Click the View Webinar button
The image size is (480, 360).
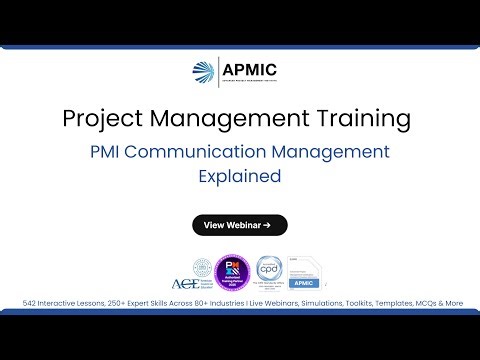click(240, 225)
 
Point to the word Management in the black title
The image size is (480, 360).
click(235, 118)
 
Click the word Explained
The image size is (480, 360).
click(240, 177)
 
